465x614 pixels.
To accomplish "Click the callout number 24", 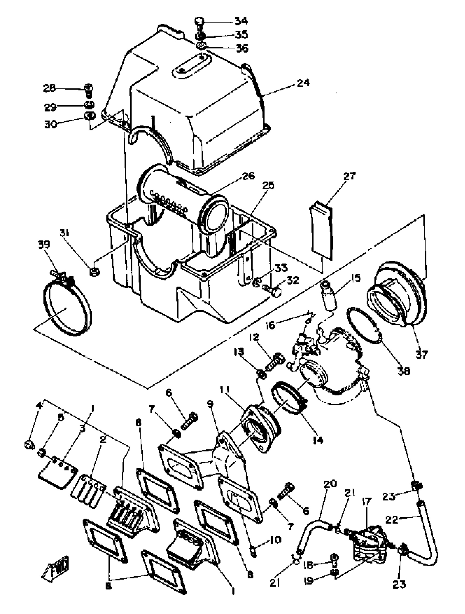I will pyautogui.click(x=303, y=83).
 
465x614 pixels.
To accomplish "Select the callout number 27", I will pyautogui.click(x=349, y=176).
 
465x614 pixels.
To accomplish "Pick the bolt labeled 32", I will pyautogui.click(x=272, y=291).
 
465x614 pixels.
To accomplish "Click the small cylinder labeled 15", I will pyautogui.click(x=329, y=295).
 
